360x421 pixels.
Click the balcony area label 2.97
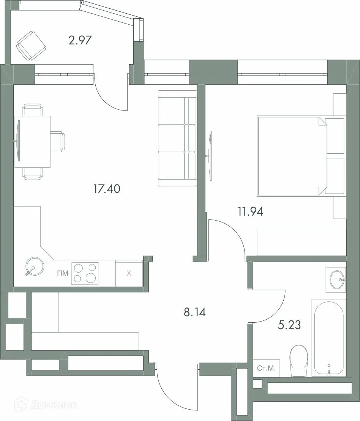(x=80, y=40)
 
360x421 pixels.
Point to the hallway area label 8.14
(x=194, y=313)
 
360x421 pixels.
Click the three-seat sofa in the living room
(x=177, y=138)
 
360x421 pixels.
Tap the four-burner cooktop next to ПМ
(x=85, y=273)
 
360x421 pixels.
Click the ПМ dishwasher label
(x=63, y=273)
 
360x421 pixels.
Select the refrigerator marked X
(x=129, y=273)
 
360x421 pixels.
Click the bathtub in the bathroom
(x=329, y=337)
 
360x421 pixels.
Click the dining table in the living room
(x=33, y=142)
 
